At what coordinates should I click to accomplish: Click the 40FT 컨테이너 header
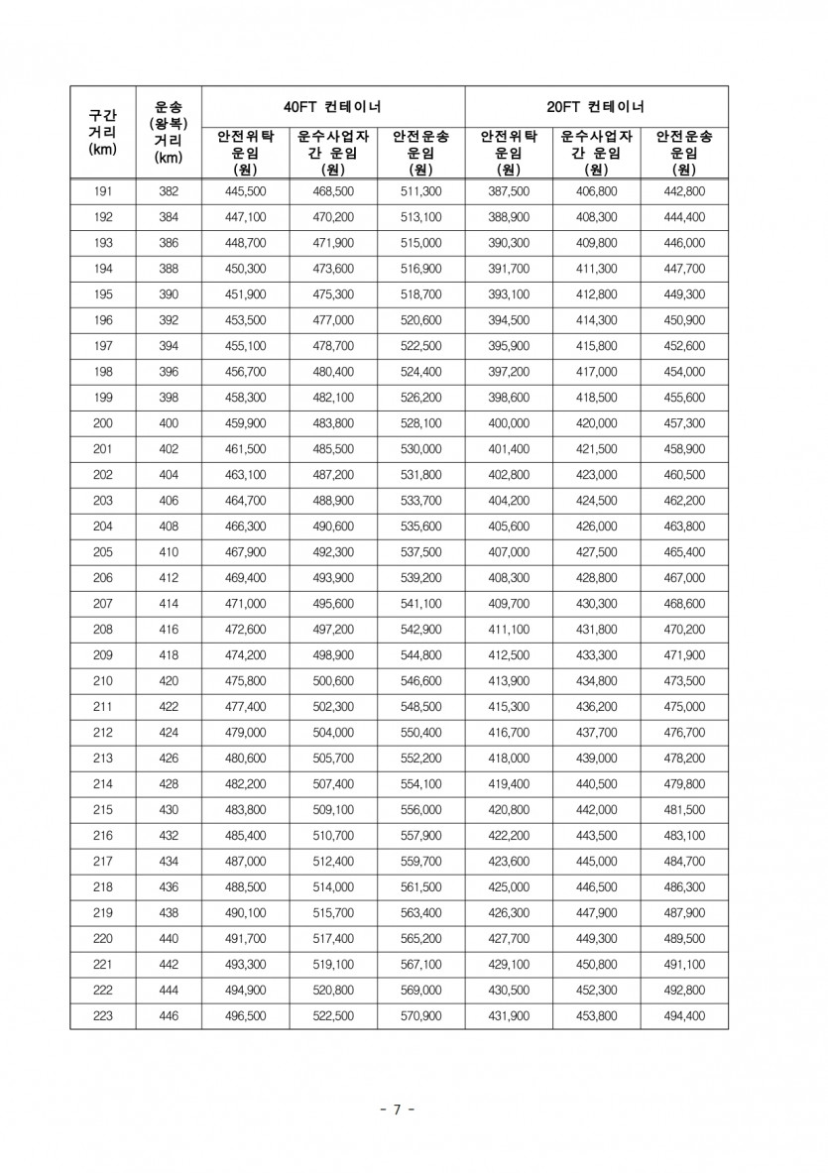(x=333, y=105)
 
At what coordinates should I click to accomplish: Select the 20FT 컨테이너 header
(x=596, y=105)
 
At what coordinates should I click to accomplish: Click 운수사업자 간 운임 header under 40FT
(x=333, y=152)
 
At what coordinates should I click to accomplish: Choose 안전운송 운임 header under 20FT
(x=684, y=152)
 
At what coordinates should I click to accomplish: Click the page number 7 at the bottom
(x=396, y=1110)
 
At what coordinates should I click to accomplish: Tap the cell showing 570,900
(x=420, y=1016)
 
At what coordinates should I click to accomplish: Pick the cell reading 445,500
(x=245, y=191)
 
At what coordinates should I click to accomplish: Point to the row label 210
(x=102, y=681)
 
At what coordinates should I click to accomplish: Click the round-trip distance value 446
(x=169, y=1016)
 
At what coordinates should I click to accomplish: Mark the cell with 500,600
(x=333, y=681)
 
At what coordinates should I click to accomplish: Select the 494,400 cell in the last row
(x=684, y=1016)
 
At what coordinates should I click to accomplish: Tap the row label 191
(x=102, y=191)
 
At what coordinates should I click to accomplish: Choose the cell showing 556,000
(x=420, y=810)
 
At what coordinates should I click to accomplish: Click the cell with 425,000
(x=509, y=887)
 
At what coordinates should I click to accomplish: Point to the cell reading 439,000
(x=596, y=759)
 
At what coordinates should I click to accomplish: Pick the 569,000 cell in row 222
(x=420, y=991)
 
